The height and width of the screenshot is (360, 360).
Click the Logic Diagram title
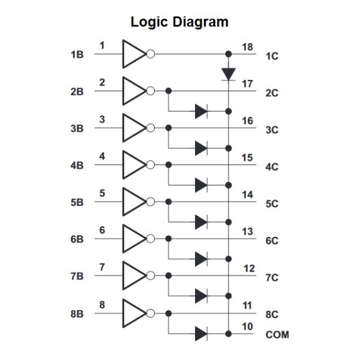(x=180, y=23)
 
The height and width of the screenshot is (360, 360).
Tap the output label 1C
(x=273, y=56)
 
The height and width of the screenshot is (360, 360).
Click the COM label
(x=277, y=334)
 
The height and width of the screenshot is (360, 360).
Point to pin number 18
(x=247, y=47)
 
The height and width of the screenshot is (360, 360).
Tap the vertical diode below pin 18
(x=229, y=73)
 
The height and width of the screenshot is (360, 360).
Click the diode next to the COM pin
(x=201, y=332)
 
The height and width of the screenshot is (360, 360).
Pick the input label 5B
(x=77, y=203)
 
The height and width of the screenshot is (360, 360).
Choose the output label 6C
(x=273, y=240)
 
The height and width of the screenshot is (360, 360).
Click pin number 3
(x=102, y=120)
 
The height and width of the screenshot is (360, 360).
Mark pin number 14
(x=247, y=194)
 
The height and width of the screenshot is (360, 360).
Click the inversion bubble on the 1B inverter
(x=151, y=54)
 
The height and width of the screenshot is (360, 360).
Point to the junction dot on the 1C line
(x=229, y=54)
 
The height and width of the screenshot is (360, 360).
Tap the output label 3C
(x=273, y=130)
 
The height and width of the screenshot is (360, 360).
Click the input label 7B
(x=77, y=277)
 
